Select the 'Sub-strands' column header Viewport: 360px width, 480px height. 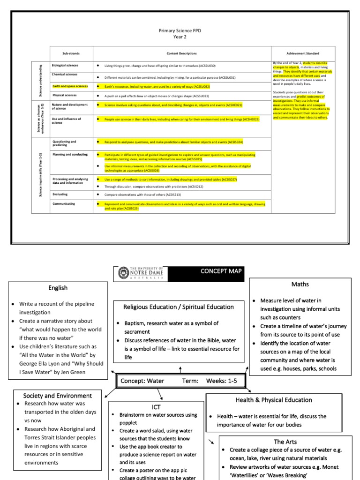(x=72, y=53)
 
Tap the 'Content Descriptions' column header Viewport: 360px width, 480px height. (x=182, y=53)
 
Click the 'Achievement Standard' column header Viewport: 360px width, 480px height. (x=302, y=53)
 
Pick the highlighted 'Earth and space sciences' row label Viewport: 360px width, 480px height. (x=69, y=86)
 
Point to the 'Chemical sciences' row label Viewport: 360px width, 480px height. (x=64, y=74)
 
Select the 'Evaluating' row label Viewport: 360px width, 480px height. (x=60, y=194)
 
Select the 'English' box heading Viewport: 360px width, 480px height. (x=58, y=288)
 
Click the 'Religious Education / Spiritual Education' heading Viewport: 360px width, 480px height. (x=178, y=307)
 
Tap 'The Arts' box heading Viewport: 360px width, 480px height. (x=285, y=441)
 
